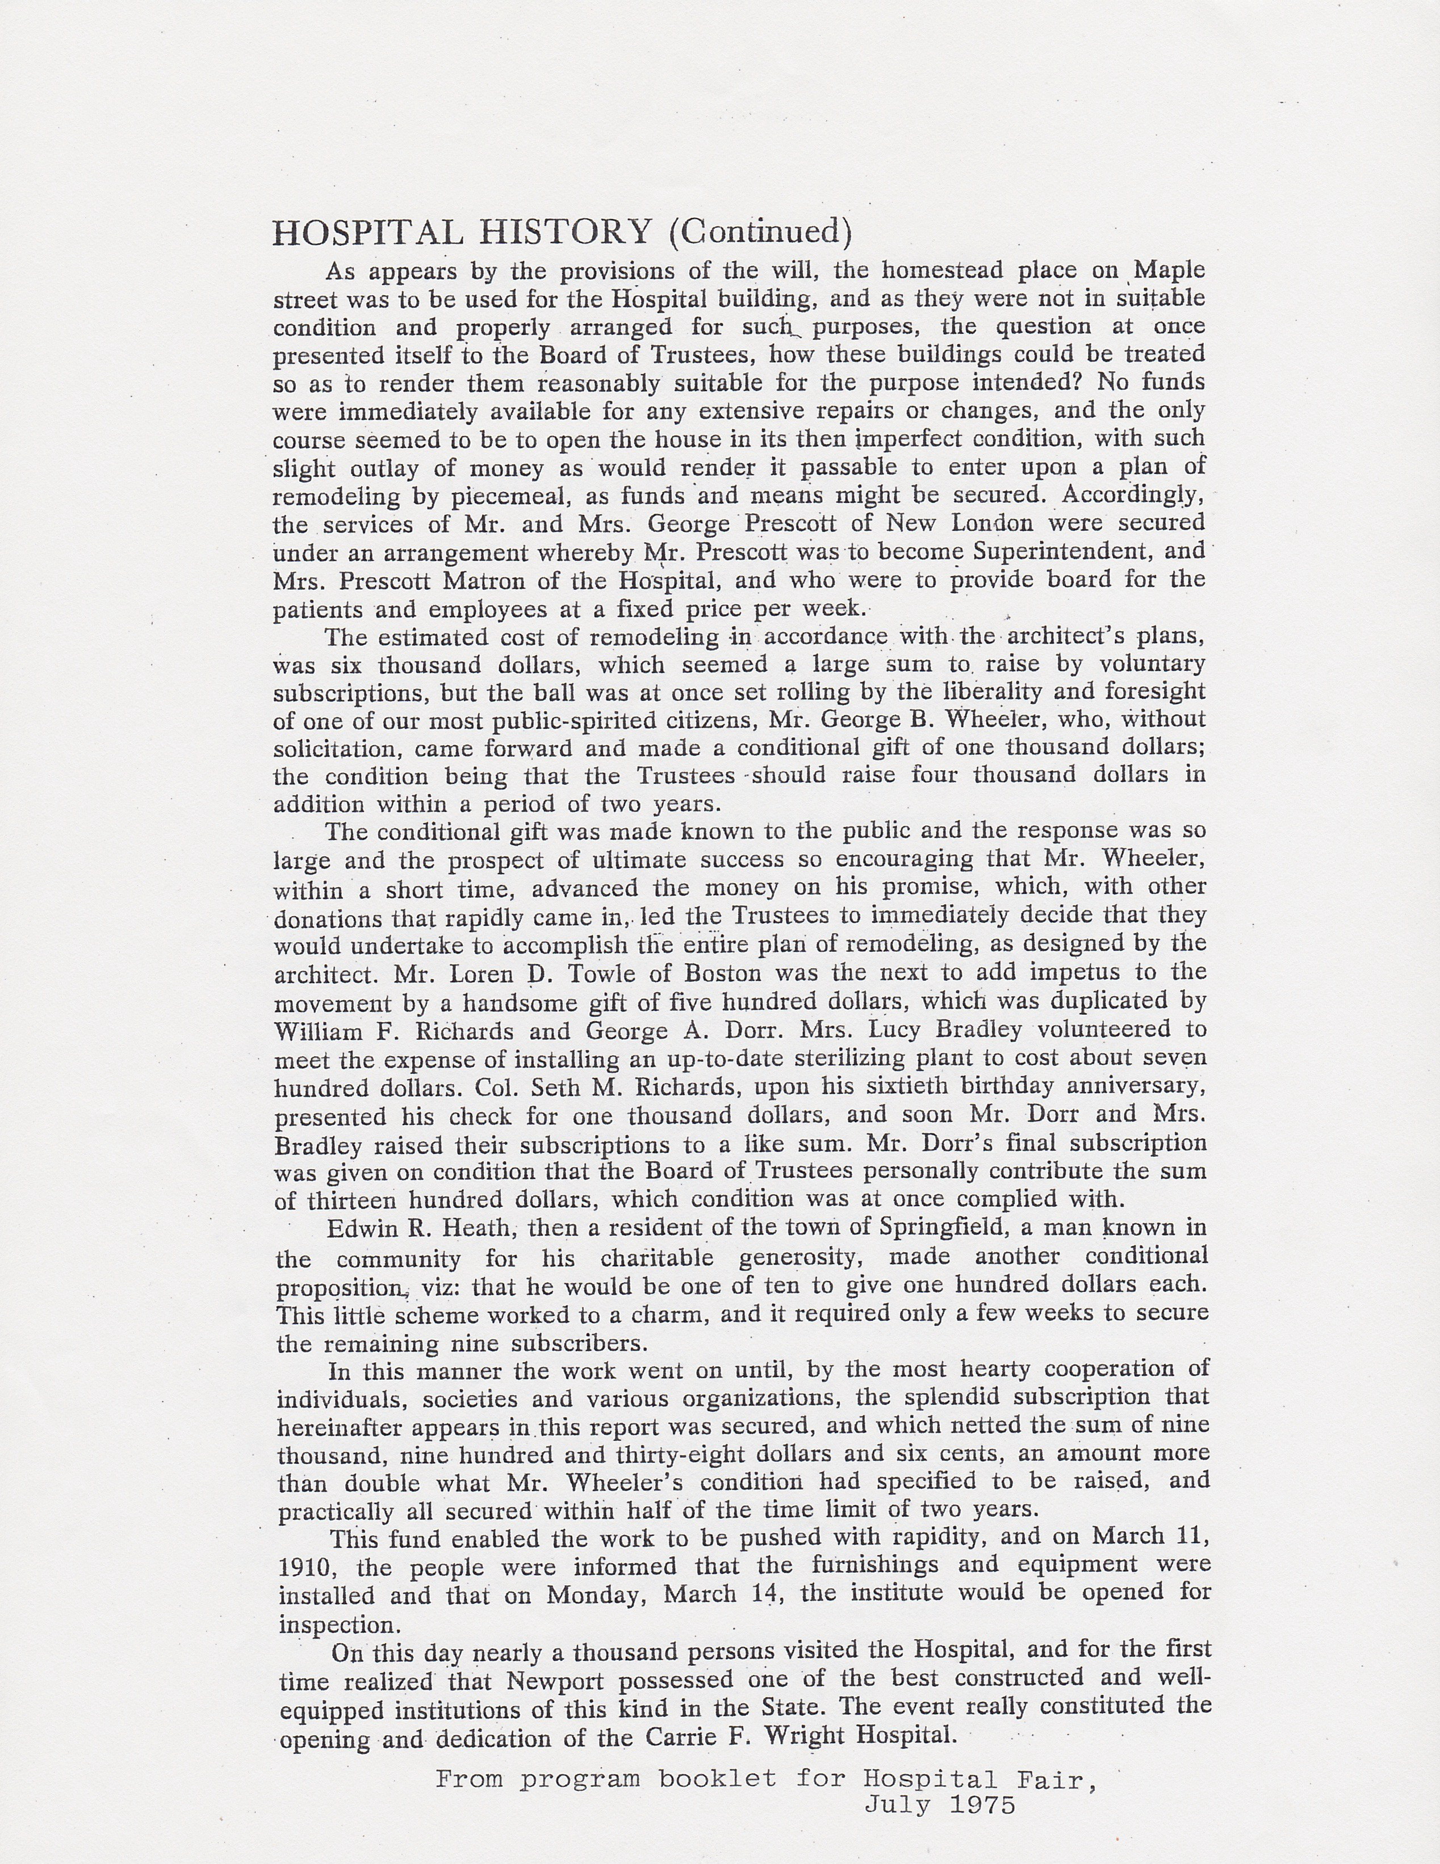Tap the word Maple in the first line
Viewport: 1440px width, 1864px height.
1169,271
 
